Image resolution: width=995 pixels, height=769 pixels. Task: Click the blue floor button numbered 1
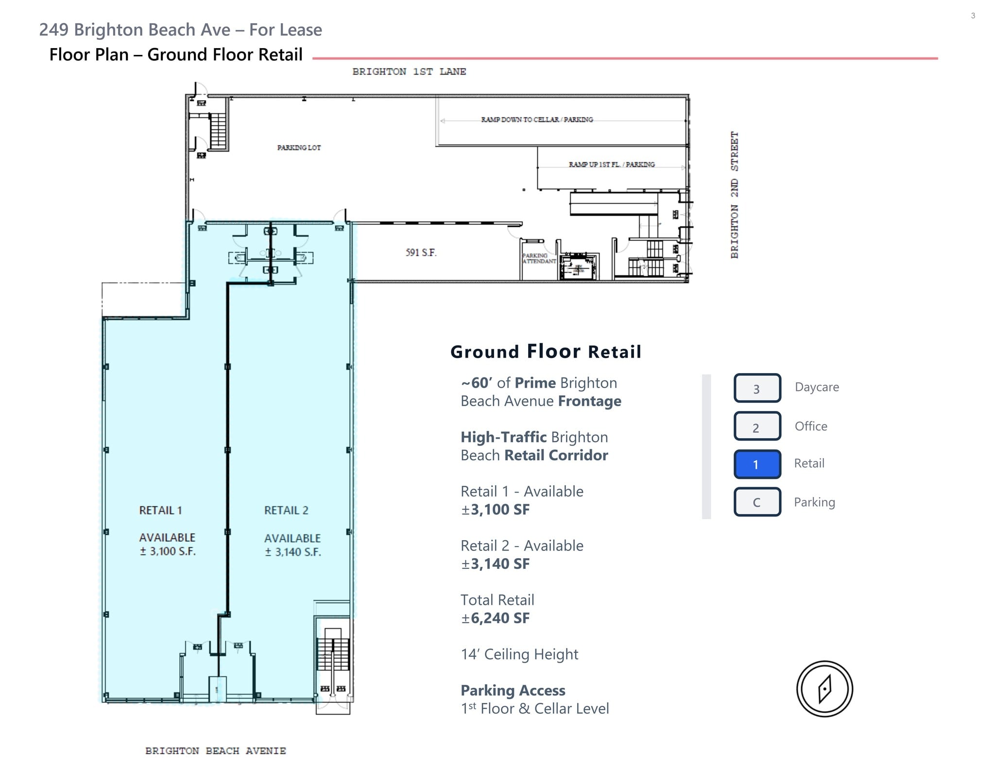757,464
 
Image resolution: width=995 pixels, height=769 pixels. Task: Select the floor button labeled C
757,502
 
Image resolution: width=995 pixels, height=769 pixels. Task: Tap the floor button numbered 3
757,388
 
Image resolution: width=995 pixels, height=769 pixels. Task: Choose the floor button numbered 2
757,427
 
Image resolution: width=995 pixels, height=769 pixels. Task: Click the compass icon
824,689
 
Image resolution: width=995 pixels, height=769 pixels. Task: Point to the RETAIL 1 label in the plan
160,510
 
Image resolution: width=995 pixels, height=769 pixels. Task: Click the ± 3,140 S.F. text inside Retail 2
293,552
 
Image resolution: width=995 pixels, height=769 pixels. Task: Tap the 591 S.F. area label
421,253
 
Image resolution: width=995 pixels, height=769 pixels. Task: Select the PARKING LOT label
299,148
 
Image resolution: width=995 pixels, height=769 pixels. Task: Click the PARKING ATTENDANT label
538,258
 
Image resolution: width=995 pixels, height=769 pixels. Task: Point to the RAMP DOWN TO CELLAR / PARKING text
537,120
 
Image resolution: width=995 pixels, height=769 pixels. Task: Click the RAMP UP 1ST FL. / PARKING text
612,165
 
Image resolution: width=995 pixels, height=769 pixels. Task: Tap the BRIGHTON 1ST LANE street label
409,72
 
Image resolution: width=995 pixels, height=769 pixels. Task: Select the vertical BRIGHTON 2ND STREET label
735,194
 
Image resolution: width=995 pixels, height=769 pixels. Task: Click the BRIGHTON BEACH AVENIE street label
216,751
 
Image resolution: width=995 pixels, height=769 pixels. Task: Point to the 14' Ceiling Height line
519,654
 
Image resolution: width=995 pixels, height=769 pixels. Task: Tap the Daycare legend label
817,387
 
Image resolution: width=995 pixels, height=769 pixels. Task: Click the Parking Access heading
513,690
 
